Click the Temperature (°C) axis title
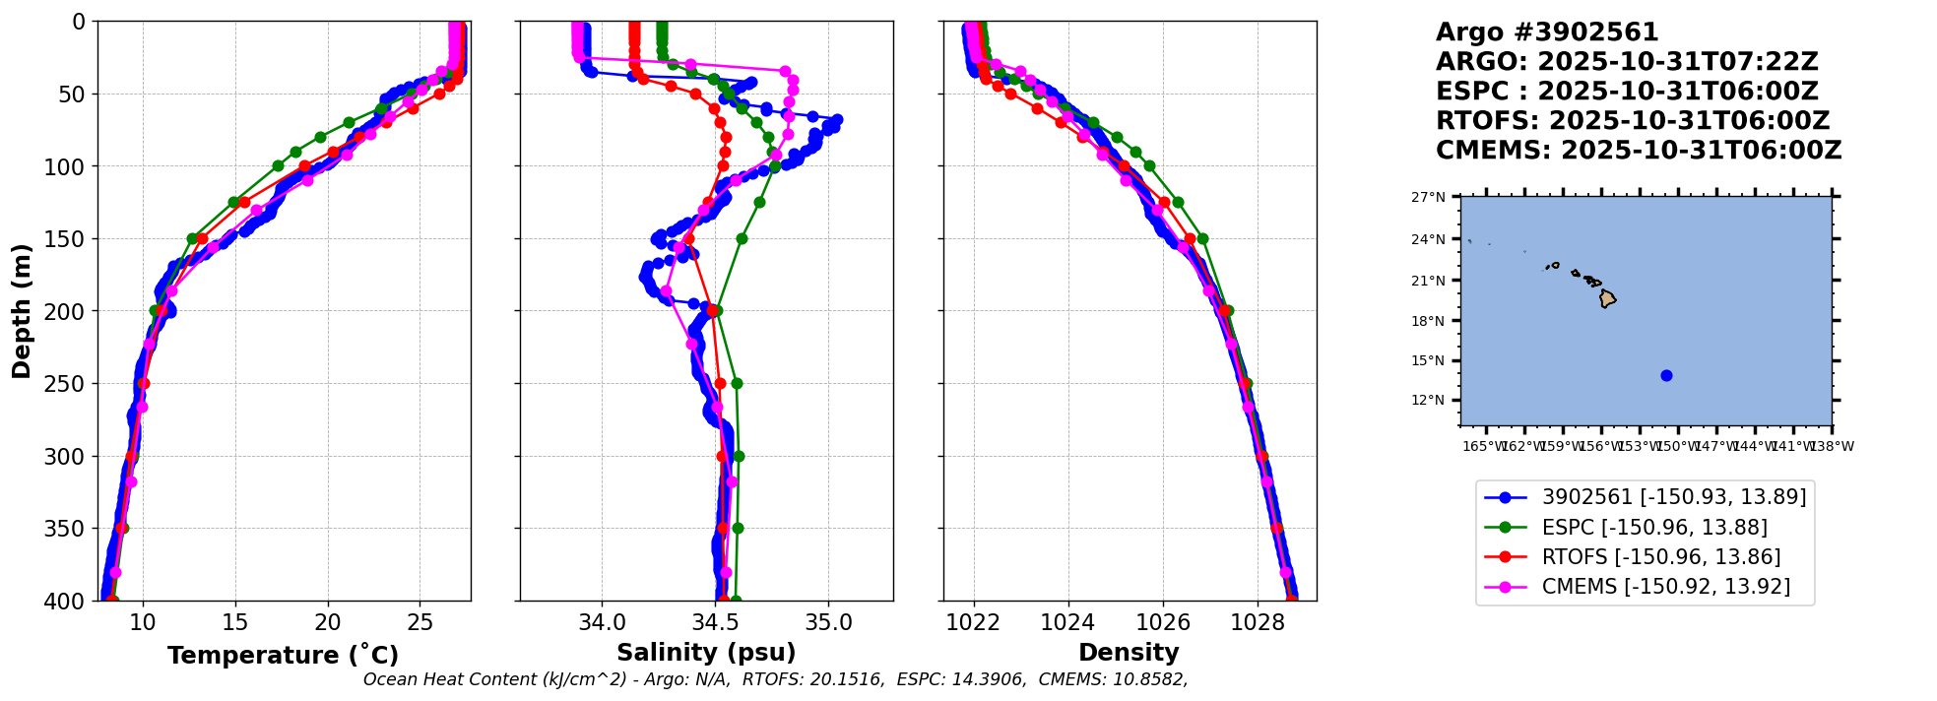[x=283, y=655]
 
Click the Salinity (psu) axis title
[x=706, y=653]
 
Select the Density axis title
[x=1129, y=653]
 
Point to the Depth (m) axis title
[x=22, y=311]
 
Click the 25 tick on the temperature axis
[x=420, y=622]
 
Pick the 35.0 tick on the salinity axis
[x=828, y=622]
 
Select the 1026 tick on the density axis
[x=1163, y=622]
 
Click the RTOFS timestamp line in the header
[x=1633, y=121]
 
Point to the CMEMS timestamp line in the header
[x=1639, y=151]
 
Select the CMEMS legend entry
[x=1665, y=587]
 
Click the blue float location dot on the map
[x=1666, y=375]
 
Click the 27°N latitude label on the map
[x=1428, y=197]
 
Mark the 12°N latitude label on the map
[x=1428, y=401]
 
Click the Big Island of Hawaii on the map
[x=1607, y=298]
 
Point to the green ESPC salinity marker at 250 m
[x=737, y=383]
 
